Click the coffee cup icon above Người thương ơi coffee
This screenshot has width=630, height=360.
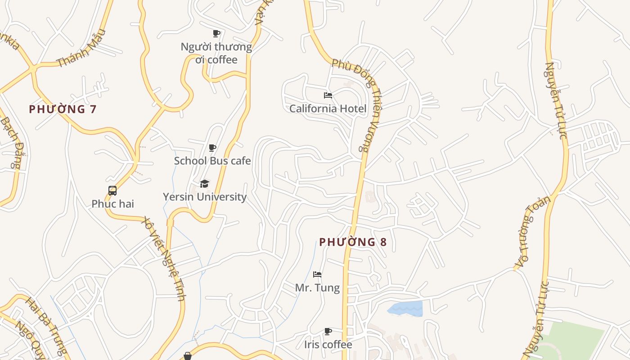pyautogui.click(x=216, y=33)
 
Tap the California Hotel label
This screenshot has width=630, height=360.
pyautogui.click(x=328, y=108)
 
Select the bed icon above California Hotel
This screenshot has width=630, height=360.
pyautogui.click(x=328, y=95)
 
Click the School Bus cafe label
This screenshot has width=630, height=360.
pyautogui.click(x=212, y=161)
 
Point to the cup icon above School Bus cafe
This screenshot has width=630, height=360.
pyautogui.click(x=212, y=148)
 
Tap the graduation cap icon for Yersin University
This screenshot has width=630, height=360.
pyautogui.click(x=205, y=184)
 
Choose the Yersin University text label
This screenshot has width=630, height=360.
pyautogui.click(x=205, y=197)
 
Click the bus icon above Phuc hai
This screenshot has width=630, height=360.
pyautogui.click(x=112, y=191)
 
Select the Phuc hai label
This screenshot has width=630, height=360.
pyautogui.click(x=112, y=204)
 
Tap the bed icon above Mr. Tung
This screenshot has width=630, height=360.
pyautogui.click(x=317, y=274)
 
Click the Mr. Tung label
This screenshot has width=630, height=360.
pyautogui.click(x=317, y=288)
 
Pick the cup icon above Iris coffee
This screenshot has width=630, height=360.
pyautogui.click(x=328, y=332)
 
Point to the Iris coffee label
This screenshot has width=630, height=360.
pyautogui.click(x=328, y=345)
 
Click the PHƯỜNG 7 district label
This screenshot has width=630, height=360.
pyautogui.click(x=63, y=109)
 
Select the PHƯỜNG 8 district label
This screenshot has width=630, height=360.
pyautogui.click(x=353, y=242)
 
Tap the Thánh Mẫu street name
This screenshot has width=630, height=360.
pyautogui.click(x=82, y=48)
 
